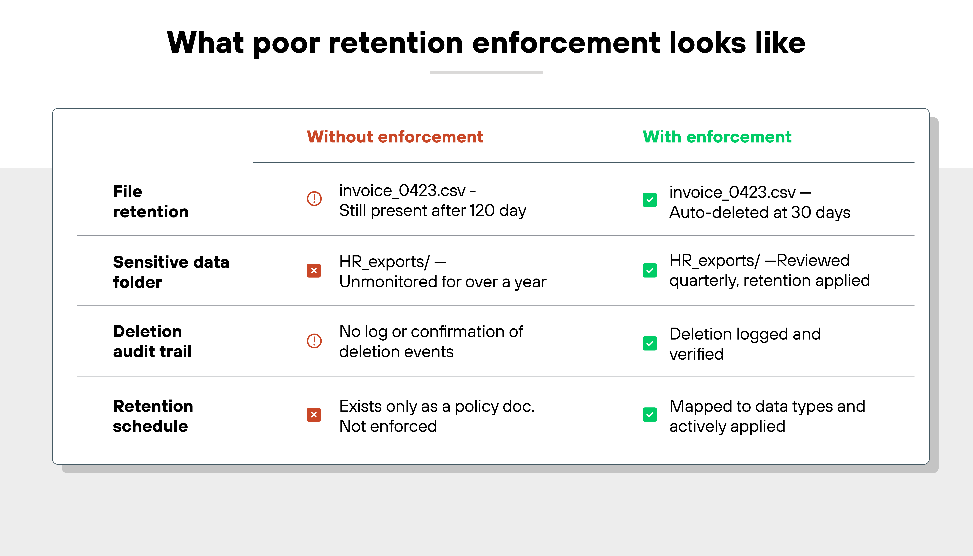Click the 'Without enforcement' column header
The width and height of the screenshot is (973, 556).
pos(395,137)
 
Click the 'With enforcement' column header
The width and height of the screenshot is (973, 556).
pos(717,137)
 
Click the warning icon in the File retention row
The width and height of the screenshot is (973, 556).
pos(314,199)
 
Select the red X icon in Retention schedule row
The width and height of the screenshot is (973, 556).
pos(314,415)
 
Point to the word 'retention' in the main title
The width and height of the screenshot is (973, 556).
pos(395,43)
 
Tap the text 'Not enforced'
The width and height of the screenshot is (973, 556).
pos(388,426)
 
